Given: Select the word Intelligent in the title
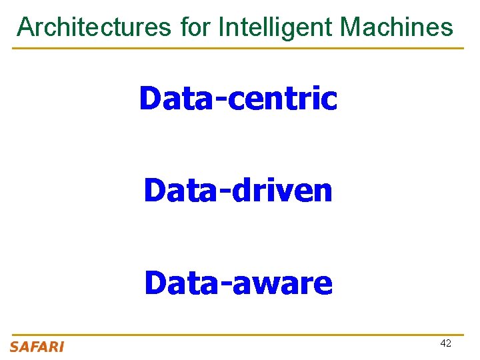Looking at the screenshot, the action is pos(275,28).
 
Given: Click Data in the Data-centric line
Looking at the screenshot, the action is pos(179,99).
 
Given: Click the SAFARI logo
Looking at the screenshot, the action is pos(37,347).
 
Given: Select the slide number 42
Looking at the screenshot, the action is pos(445,343).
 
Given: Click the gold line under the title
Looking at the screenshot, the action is pos(238,48).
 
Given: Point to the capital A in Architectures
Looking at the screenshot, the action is pos(25,27).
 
